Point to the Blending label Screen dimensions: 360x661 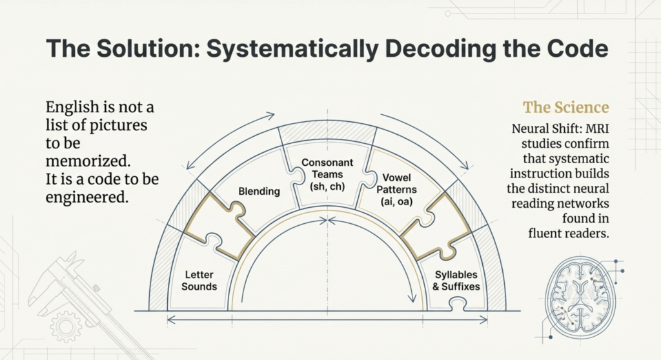(259, 191)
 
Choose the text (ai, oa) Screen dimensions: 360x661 (400, 201)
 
